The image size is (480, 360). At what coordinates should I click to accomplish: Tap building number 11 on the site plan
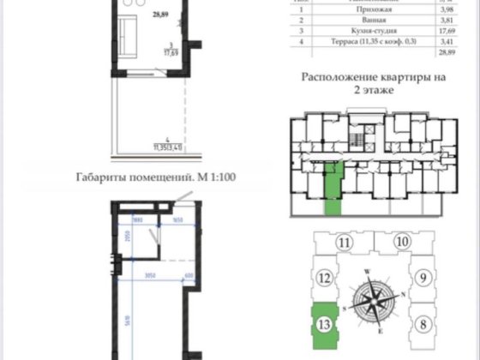pyautogui.click(x=344, y=243)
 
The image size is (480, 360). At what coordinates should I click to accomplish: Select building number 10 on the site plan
pyautogui.click(x=403, y=243)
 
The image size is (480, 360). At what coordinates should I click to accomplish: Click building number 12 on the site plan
pyautogui.click(x=324, y=278)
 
